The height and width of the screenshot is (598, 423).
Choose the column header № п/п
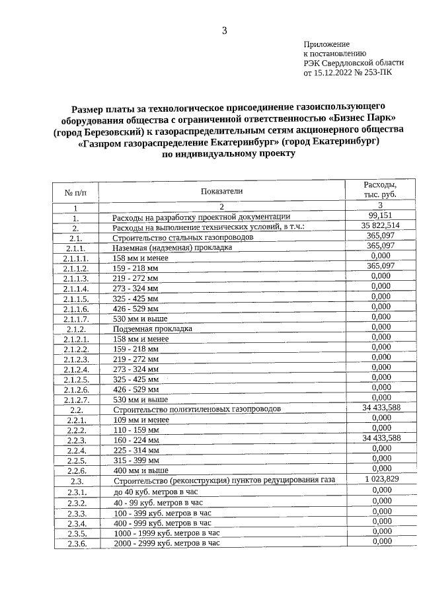75,192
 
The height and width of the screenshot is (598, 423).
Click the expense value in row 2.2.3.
381,438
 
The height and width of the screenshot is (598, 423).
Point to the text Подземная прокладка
153,328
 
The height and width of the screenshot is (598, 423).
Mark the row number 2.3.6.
76,544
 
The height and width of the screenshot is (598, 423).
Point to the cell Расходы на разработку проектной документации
201,217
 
